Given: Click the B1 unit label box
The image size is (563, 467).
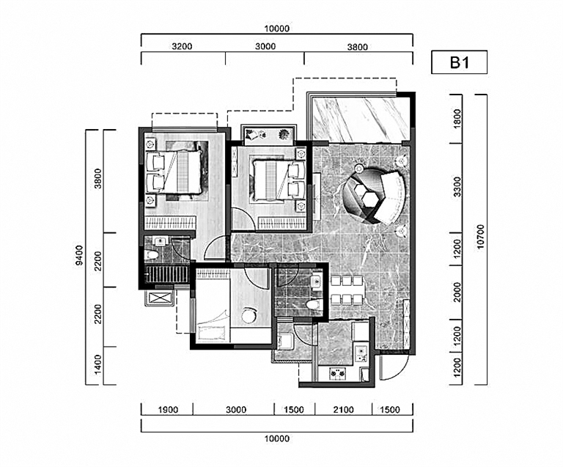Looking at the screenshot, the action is click(459, 62).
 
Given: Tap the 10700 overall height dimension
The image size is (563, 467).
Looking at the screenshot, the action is click(481, 236).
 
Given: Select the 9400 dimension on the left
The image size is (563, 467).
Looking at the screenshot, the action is click(79, 255).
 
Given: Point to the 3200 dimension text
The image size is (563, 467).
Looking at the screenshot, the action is click(182, 46).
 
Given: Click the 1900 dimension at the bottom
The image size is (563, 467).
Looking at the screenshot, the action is click(168, 410).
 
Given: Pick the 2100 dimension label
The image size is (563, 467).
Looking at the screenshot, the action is click(343, 410).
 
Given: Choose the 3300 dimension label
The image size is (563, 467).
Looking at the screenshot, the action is click(457, 187).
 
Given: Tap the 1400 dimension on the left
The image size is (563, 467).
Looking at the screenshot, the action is click(97, 364).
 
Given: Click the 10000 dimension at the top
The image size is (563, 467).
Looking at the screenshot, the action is click(277, 29).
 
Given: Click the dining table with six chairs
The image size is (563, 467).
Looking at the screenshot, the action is click(347, 290).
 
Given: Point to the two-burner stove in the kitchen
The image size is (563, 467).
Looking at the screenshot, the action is click(338, 374).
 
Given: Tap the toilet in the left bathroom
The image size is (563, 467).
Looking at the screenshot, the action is click(152, 255).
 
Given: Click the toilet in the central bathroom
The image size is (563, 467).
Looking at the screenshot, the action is click(314, 305).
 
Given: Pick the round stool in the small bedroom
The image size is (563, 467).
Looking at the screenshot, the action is click(249, 315).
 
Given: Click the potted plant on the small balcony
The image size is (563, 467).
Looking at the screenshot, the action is click(284, 134).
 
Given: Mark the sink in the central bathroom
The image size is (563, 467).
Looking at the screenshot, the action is click(317, 282).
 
